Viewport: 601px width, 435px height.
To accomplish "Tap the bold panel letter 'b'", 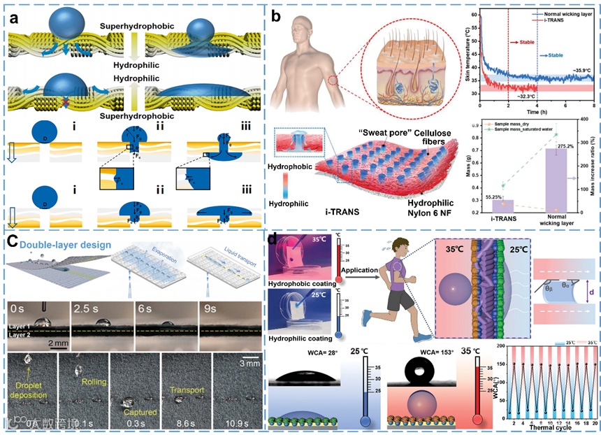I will (x=277, y=16).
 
